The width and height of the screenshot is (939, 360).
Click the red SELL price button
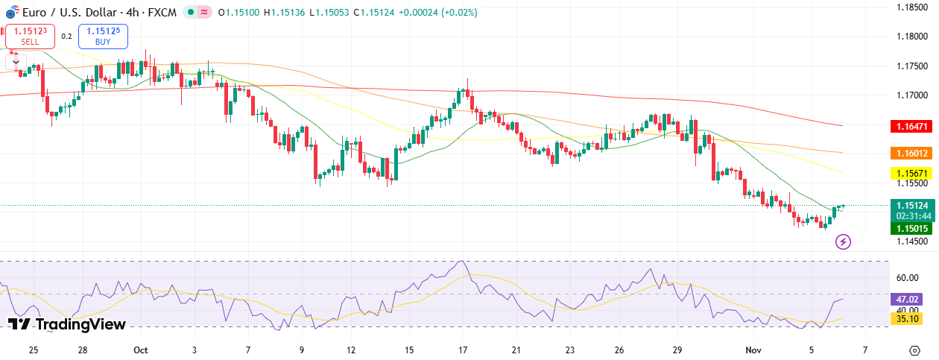coord(31,36)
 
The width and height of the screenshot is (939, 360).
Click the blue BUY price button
coord(103,36)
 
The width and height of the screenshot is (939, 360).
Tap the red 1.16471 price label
coord(911,127)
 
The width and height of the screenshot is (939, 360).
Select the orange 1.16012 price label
coord(911,153)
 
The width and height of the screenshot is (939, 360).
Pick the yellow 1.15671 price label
coord(911,173)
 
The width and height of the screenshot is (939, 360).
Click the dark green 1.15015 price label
coord(911,228)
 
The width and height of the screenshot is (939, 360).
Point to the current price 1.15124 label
coord(911,206)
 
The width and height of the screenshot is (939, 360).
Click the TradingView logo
coord(66,324)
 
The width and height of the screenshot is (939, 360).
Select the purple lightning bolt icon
coord(843,241)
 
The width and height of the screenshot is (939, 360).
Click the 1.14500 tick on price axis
coord(911,241)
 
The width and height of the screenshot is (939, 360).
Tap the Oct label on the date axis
coord(141,350)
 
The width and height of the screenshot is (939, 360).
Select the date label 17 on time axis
coord(463,350)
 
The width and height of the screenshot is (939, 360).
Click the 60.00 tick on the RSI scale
coord(906,277)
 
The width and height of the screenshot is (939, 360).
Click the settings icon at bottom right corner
coord(914,350)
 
